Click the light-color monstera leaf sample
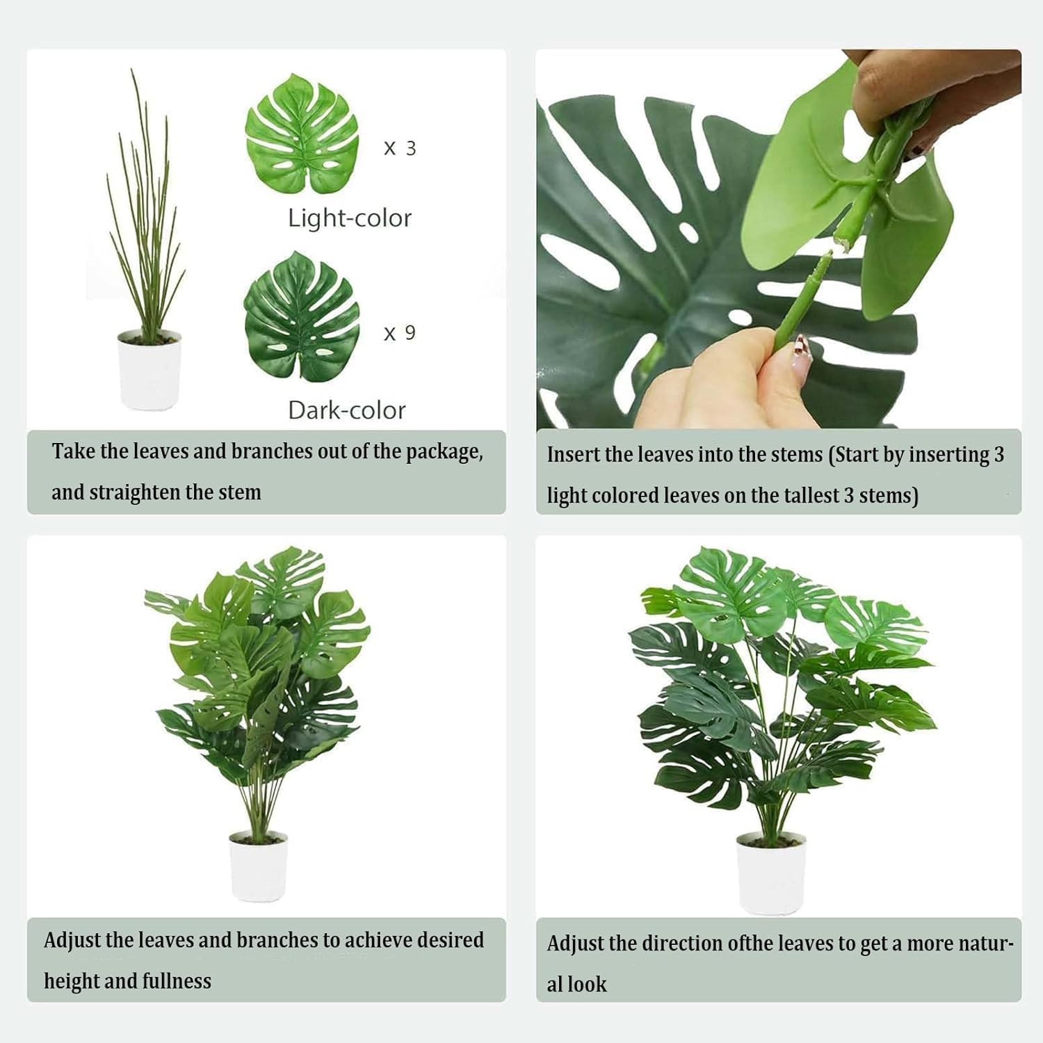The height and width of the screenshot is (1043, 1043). pos(302,134)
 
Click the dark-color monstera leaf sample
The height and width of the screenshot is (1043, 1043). pos(302,316)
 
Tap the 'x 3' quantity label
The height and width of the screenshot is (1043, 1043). pos(400,148)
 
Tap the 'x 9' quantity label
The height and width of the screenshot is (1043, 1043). pos(400,333)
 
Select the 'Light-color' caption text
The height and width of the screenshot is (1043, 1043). pos(350,218)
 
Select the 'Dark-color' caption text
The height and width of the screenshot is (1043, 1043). pos(347,410)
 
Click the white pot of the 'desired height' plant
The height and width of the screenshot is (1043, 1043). pos(258,865)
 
